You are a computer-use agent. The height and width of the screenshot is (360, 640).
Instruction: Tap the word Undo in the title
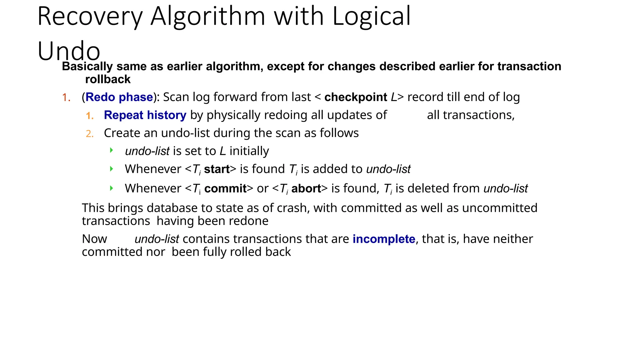(x=69, y=51)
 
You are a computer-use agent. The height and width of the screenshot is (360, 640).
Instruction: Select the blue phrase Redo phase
(x=119, y=97)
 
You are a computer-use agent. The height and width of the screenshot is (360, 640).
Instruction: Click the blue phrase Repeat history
(x=145, y=115)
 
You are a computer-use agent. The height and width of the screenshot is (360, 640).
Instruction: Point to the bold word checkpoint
(x=356, y=97)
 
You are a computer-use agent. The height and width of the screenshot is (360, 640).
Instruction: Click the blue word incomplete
(x=384, y=239)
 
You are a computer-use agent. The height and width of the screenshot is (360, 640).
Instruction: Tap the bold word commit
(x=225, y=188)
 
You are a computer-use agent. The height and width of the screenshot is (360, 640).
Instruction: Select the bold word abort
(x=306, y=188)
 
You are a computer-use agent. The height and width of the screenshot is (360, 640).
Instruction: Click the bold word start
(x=217, y=169)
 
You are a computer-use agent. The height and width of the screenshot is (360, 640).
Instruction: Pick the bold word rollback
(x=108, y=79)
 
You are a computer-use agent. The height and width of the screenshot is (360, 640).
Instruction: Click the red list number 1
(x=66, y=97)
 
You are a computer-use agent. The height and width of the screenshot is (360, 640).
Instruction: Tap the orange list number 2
(x=90, y=134)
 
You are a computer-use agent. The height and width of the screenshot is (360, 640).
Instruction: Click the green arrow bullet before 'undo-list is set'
(x=112, y=151)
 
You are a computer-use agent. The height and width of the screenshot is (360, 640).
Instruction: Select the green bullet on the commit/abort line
(x=112, y=188)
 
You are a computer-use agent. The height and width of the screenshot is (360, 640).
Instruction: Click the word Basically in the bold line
(x=87, y=66)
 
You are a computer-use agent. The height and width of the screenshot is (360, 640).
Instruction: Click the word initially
(x=249, y=151)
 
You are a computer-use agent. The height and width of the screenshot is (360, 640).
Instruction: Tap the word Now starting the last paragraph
(x=94, y=239)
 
